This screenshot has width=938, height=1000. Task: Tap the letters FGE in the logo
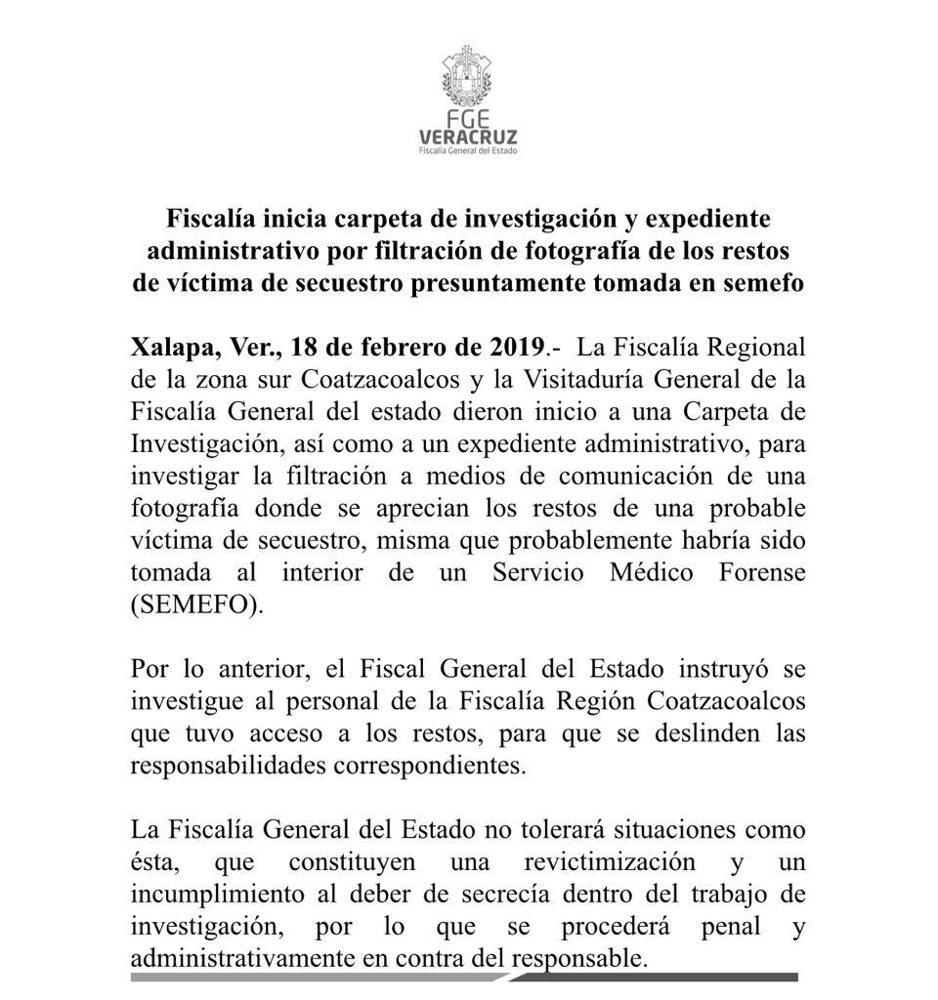(x=467, y=120)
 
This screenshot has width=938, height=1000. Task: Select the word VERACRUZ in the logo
(x=468, y=137)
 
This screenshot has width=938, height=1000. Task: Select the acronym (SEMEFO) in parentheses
(x=197, y=604)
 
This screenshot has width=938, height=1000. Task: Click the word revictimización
(x=610, y=862)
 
